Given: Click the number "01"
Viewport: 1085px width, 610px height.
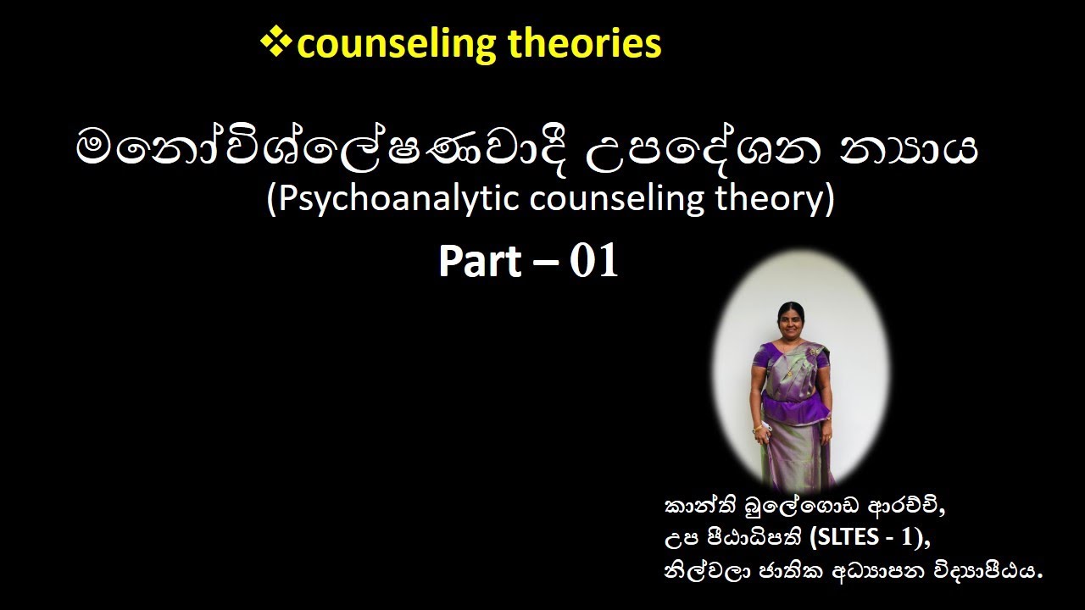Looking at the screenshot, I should coord(594,262).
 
